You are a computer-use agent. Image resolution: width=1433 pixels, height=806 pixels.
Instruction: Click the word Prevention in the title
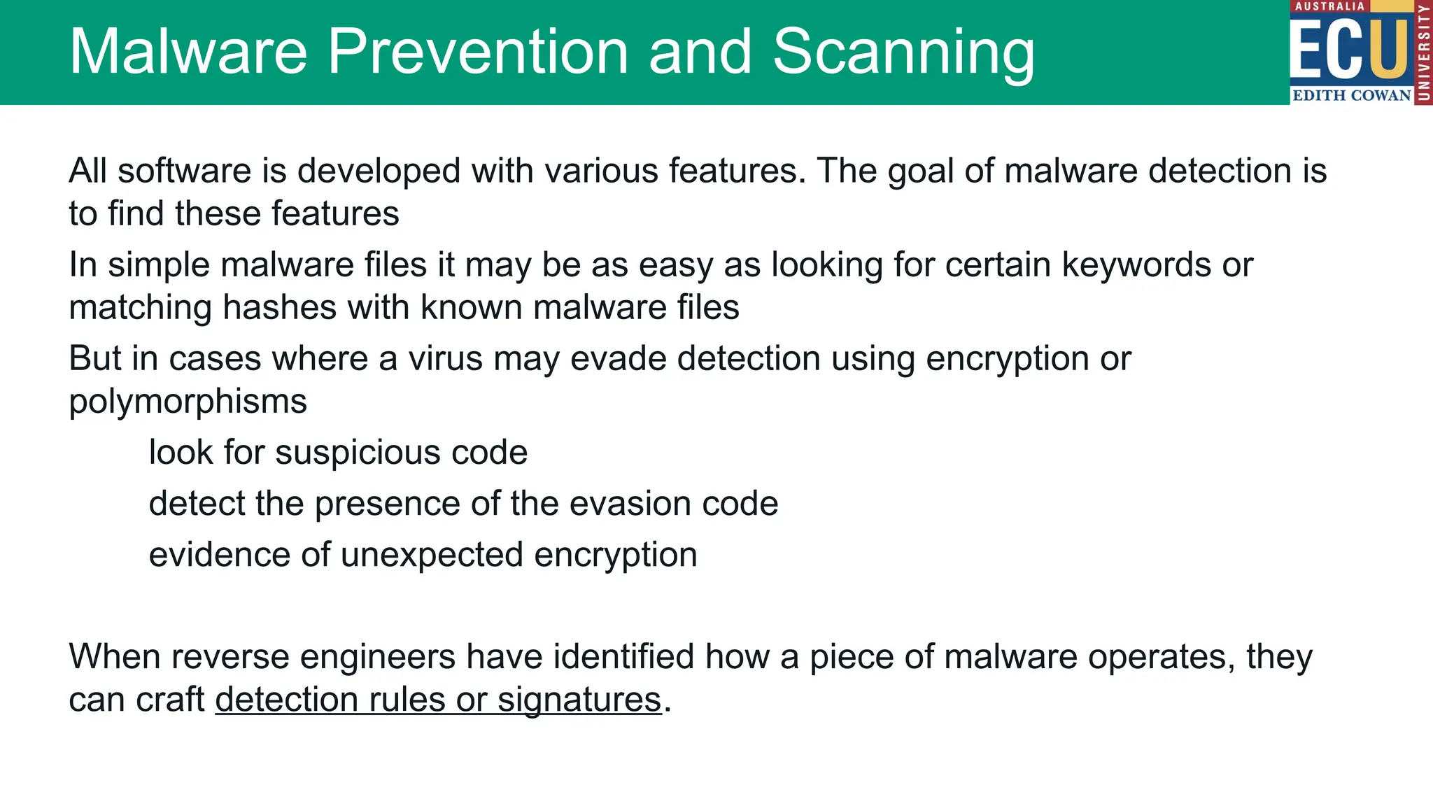pyautogui.click(x=478, y=52)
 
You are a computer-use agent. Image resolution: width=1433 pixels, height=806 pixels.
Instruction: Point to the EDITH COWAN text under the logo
pyautogui.click(x=1351, y=95)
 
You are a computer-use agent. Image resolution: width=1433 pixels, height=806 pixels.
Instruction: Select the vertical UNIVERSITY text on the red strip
pyautogui.click(x=1423, y=52)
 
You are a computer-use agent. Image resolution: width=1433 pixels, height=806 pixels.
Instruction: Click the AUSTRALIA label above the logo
pyautogui.click(x=1329, y=6)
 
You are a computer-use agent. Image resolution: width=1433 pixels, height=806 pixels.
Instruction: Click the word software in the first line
pyautogui.click(x=184, y=171)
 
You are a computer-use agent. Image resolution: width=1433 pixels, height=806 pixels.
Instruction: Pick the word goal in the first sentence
pyautogui.click(x=921, y=171)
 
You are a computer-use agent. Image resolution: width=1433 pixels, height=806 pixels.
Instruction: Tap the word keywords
pyautogui.click(x=1136, y=265)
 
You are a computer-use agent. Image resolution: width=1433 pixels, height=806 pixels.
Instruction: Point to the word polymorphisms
pyautogui.click(x=188, y=402)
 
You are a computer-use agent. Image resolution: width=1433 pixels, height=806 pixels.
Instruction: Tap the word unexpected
pyautogui.click(x=432, y=555)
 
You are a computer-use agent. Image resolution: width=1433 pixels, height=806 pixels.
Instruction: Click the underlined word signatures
pyautogui.click(x=579, y=700)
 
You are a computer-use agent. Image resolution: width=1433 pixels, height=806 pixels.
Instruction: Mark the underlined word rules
pyautogui.click(x=407, y=700)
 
